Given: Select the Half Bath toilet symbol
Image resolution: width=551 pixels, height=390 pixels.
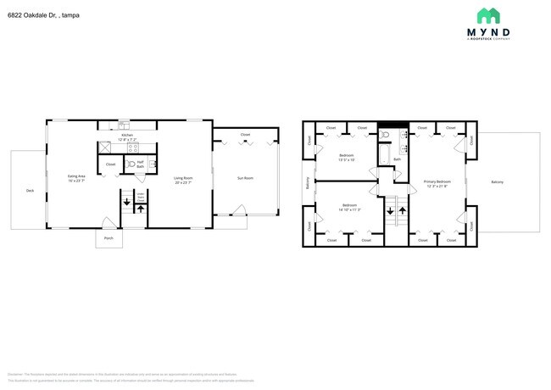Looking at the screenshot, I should (131, 164).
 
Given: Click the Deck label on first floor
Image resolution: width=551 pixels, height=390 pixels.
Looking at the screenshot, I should (30, 191).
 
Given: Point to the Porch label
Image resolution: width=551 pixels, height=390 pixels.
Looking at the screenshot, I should (109, 238).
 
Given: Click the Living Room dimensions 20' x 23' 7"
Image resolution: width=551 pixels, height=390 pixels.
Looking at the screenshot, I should (183, 182).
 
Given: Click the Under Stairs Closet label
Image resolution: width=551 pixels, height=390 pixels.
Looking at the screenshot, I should (142, 200).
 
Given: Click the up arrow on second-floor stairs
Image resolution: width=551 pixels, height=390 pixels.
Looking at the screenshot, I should (402, 207).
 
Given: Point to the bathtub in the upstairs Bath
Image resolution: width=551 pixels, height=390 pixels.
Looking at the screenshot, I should (384, 156).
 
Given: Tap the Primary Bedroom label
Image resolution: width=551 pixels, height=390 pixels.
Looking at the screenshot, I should (437, 182).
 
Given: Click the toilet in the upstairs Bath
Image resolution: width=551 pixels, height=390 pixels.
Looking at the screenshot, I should (386, 135).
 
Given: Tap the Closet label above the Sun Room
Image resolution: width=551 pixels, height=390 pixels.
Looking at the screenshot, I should (245, 135).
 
